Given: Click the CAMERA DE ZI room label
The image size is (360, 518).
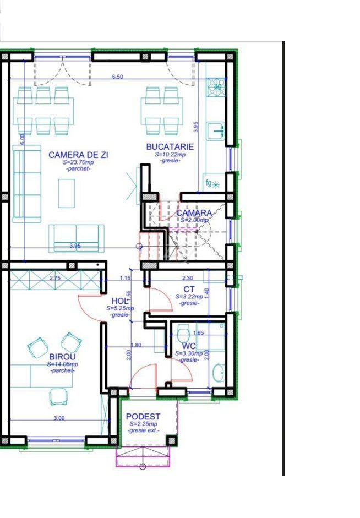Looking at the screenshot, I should click(x=78, y=155).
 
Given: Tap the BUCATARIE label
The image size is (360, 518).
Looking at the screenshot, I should click(x=170, y=146).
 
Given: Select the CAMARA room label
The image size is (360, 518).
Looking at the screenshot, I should click(x=194, y=213).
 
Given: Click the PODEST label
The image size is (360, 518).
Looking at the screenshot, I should click(x=143, y=417).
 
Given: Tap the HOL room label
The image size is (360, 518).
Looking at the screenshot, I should click(x=120, y=301).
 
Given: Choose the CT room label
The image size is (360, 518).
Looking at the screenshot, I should click(x=189, y=289).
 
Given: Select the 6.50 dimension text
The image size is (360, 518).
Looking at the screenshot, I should click(x=117, y=77).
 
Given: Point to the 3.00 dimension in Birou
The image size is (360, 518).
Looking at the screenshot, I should click(x=59, y=418).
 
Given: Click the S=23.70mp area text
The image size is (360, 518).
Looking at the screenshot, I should click(x=78, y=163).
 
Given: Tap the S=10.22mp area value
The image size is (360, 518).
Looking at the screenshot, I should click(x=170, y=155).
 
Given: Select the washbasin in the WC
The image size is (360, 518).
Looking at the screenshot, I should click(x=219, y=372).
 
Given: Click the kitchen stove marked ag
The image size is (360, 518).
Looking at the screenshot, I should click(x=217, y=86).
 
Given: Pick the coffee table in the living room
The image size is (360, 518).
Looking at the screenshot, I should click(x=67, y=192).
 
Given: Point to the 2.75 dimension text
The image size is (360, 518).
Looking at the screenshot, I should click(x=55, y=278).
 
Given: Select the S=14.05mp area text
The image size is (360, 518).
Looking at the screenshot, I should click(x=62, y=364).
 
